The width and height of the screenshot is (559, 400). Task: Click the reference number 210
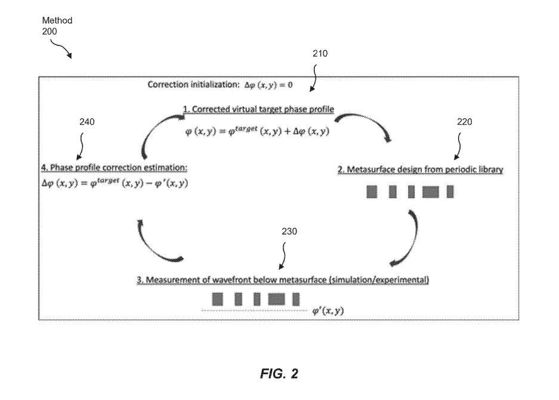pos(320,54)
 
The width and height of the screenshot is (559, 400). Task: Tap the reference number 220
pos(464,122)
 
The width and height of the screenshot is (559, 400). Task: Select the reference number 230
pos(289,232)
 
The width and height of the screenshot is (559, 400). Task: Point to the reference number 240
pos(87,122)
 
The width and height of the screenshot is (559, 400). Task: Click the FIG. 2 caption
pos(279,374)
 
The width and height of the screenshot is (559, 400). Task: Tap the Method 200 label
pos(57,26)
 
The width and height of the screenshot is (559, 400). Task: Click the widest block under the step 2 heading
pos(430,192)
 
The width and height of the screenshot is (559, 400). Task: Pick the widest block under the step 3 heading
pos(276,299)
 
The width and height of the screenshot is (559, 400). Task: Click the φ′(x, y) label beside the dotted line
pos(328,311)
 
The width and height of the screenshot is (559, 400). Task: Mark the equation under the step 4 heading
pos(115,183)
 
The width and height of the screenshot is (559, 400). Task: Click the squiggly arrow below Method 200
pos(61,47)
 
